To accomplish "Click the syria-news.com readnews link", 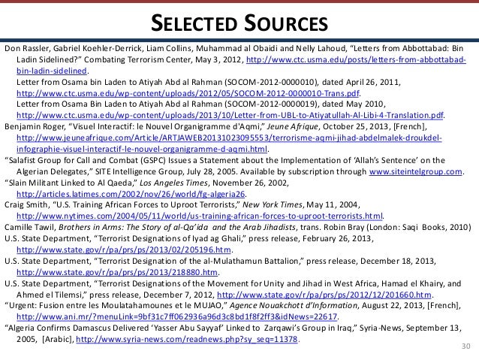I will [192, 340].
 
